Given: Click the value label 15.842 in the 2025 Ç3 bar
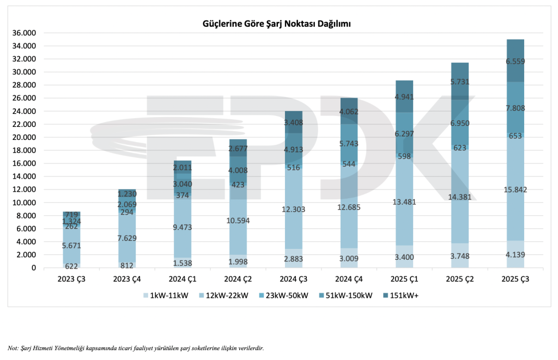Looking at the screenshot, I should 515,190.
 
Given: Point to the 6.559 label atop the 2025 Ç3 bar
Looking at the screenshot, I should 515,62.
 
